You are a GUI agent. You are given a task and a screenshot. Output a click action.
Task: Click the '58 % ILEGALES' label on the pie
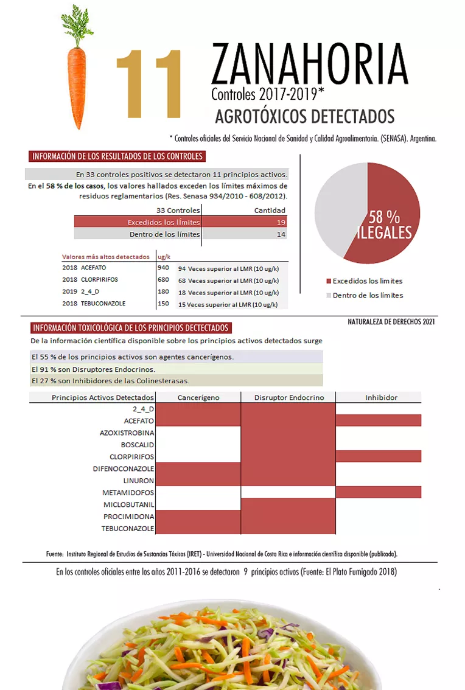[385, 225]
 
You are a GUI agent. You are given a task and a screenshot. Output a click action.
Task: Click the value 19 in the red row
[280, 222]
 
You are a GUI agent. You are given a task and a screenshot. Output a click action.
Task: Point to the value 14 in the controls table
[280, 234]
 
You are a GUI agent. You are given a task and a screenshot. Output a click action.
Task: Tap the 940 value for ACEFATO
[163, 268]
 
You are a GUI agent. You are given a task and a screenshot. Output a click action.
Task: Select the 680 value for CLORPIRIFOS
[163, 280]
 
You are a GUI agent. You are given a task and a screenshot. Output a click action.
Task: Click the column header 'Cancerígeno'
[198, 397]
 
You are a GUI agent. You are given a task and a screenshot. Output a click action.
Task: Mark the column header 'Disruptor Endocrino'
[289, 397]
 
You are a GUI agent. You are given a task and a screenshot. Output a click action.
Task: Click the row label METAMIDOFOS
[128, 492]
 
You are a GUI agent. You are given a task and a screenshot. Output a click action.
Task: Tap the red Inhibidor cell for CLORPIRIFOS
[378, 456]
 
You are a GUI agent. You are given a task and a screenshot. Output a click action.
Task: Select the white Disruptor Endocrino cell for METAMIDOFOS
[288, 492]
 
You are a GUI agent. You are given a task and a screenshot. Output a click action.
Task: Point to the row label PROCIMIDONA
[128, 517]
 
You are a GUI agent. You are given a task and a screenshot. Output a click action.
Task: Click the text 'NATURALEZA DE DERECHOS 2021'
[391, 321]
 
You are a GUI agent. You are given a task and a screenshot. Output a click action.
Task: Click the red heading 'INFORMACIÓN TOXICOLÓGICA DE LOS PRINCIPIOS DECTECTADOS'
[131, 328]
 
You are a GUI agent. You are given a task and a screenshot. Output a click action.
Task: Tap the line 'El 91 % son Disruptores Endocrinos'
[93, 369]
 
